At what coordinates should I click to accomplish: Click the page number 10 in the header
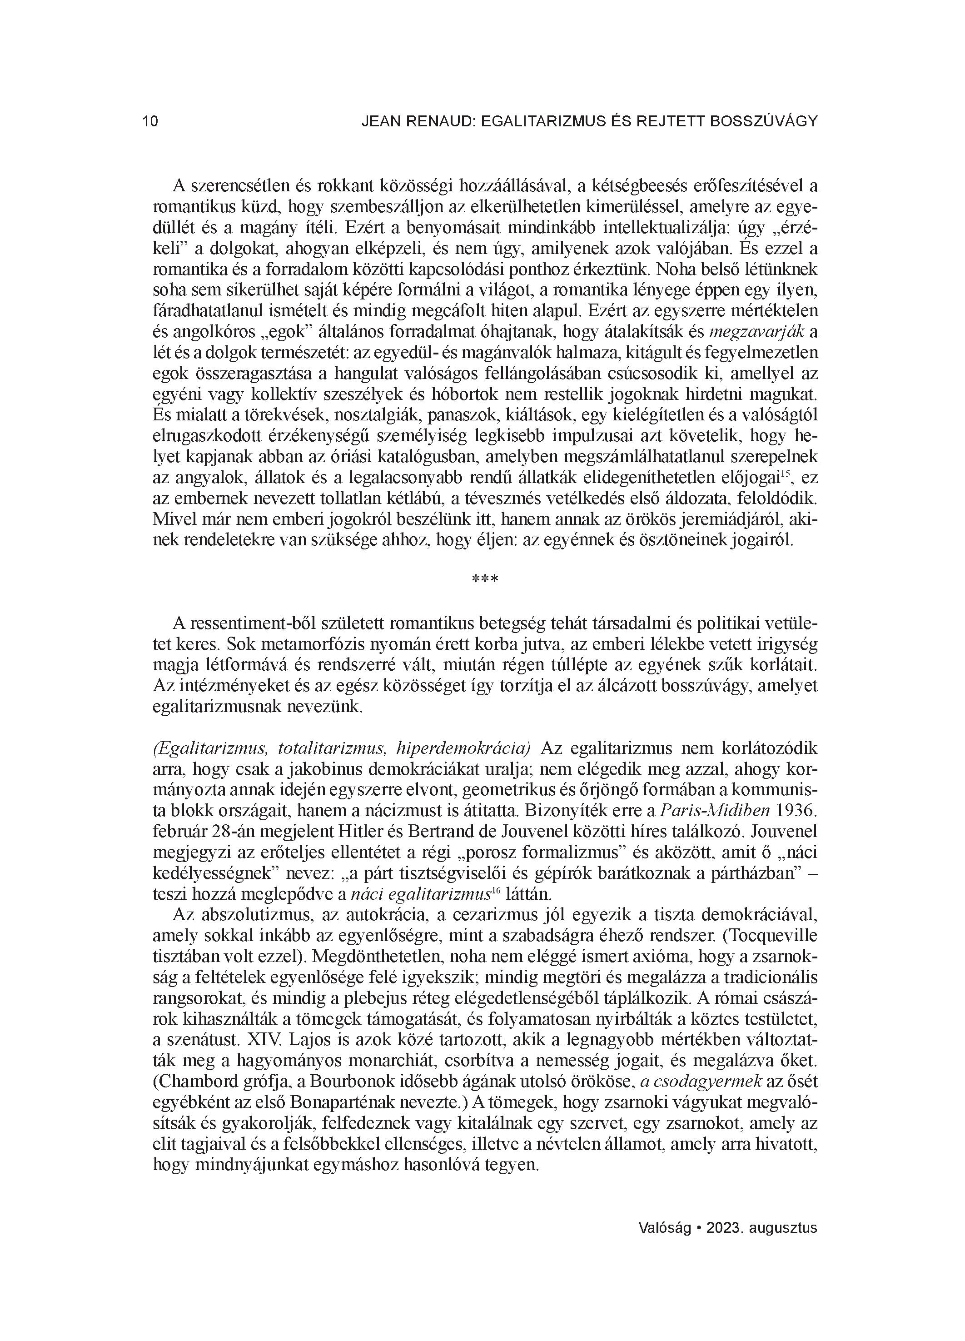pos(150,122)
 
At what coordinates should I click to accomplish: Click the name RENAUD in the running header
pos(435,122)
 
